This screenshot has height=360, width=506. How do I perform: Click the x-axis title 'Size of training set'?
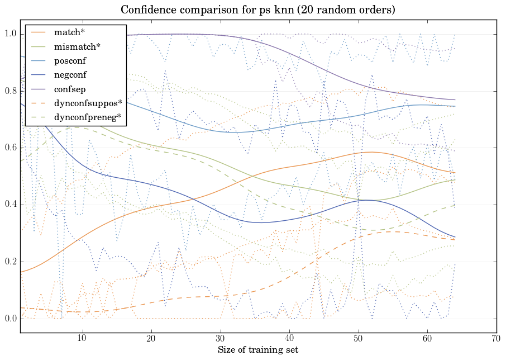coord(257,350)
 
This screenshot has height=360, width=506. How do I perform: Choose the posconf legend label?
coord(70,60)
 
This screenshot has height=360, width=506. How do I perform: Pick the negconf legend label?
coord(70,74)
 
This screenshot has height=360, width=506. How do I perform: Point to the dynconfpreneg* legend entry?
coord(88,117)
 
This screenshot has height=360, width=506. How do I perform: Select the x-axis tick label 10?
coord(82,339)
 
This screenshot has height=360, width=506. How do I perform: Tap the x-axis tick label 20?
coord(151,339)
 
